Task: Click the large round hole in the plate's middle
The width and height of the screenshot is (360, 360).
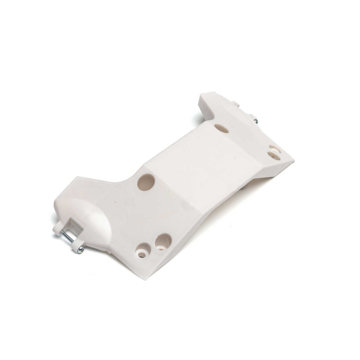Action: pos(146,181)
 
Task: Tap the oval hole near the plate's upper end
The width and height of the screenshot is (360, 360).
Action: pos(221,128)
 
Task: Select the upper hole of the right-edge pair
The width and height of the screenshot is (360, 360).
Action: pos(275,148)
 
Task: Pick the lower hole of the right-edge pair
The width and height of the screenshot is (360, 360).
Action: pos(272,155)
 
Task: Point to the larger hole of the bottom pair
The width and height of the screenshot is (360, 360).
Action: pos(163,241)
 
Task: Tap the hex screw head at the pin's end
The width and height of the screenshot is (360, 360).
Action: pos(81,249)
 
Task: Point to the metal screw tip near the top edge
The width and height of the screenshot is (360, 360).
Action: pos(256,122)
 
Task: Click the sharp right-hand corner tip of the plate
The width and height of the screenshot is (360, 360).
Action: pos(293,162)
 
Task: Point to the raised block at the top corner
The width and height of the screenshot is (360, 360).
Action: pos(211,102)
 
